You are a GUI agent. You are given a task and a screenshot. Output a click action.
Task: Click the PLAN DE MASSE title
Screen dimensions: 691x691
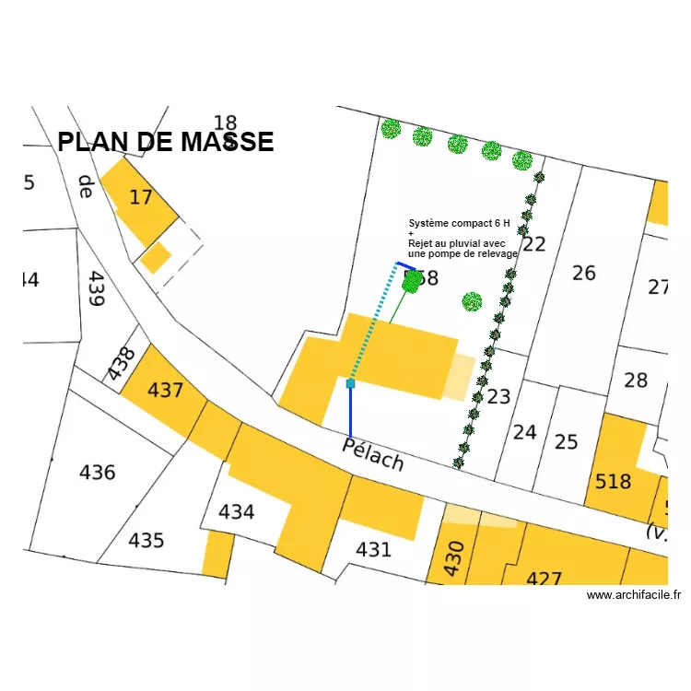166,142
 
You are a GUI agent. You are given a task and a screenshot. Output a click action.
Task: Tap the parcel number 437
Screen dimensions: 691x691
166,391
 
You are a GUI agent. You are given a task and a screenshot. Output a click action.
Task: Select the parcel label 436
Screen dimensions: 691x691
97,473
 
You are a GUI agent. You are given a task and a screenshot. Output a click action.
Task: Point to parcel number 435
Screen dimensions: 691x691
146,540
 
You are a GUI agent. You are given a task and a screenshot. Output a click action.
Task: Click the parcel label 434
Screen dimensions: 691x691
236,511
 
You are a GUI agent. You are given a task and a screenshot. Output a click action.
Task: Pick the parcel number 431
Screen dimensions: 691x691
373,550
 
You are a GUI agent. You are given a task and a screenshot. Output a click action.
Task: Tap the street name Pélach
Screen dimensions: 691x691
373,453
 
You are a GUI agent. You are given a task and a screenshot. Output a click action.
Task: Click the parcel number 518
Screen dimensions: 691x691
613,481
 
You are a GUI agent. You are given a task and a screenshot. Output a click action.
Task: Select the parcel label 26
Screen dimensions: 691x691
584,273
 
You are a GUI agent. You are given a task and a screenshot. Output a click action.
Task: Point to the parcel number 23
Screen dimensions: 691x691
498,397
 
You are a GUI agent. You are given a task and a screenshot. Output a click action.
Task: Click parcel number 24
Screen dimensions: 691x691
524,431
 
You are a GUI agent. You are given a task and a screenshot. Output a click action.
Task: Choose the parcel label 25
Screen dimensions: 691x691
566,442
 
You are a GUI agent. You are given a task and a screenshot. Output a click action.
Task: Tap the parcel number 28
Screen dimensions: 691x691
636,380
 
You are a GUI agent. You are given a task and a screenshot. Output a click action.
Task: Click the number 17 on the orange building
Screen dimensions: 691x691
140,197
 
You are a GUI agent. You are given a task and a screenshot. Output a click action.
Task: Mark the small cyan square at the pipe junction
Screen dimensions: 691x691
350,383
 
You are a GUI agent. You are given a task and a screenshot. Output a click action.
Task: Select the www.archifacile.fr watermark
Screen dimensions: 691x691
634,595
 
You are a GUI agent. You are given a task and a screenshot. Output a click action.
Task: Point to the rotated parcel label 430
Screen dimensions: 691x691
452,558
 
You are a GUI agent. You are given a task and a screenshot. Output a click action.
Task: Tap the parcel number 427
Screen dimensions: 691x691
544,580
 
